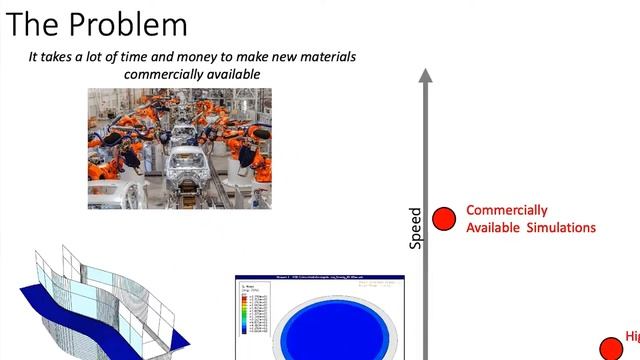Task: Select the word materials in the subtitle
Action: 323,57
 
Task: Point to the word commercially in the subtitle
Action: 163,74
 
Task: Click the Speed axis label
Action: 416,228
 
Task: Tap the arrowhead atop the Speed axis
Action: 426,75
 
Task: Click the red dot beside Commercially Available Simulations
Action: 444,217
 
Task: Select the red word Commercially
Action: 507,210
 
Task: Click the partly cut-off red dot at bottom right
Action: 610,349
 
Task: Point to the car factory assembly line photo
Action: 179,147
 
